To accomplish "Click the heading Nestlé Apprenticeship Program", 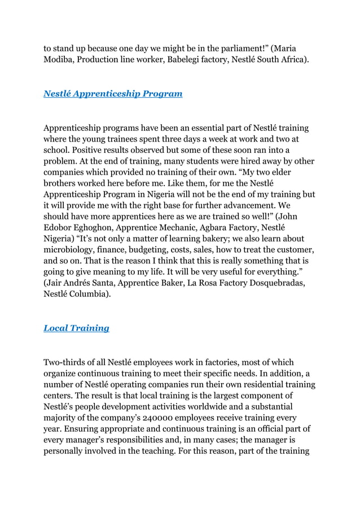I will [113, 94].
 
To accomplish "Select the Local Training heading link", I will [76, 328].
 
